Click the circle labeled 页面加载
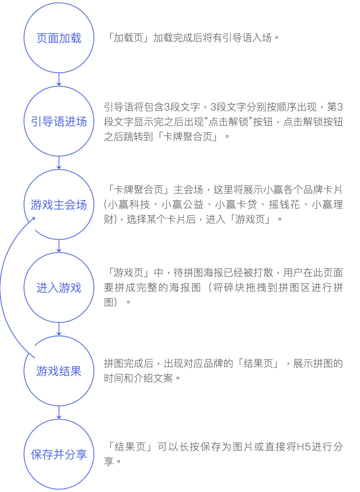59,38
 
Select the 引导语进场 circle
59,121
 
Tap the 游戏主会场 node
59,204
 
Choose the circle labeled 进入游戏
59,288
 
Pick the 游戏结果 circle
59,371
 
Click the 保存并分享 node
59,454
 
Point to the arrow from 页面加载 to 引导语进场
59,79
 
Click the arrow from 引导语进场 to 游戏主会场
59,162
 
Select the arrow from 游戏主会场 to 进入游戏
59,245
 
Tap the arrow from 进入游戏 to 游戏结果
59,329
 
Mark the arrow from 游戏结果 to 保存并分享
59,412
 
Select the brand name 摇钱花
284,204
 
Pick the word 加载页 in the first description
128,38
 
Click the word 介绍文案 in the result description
153,378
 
